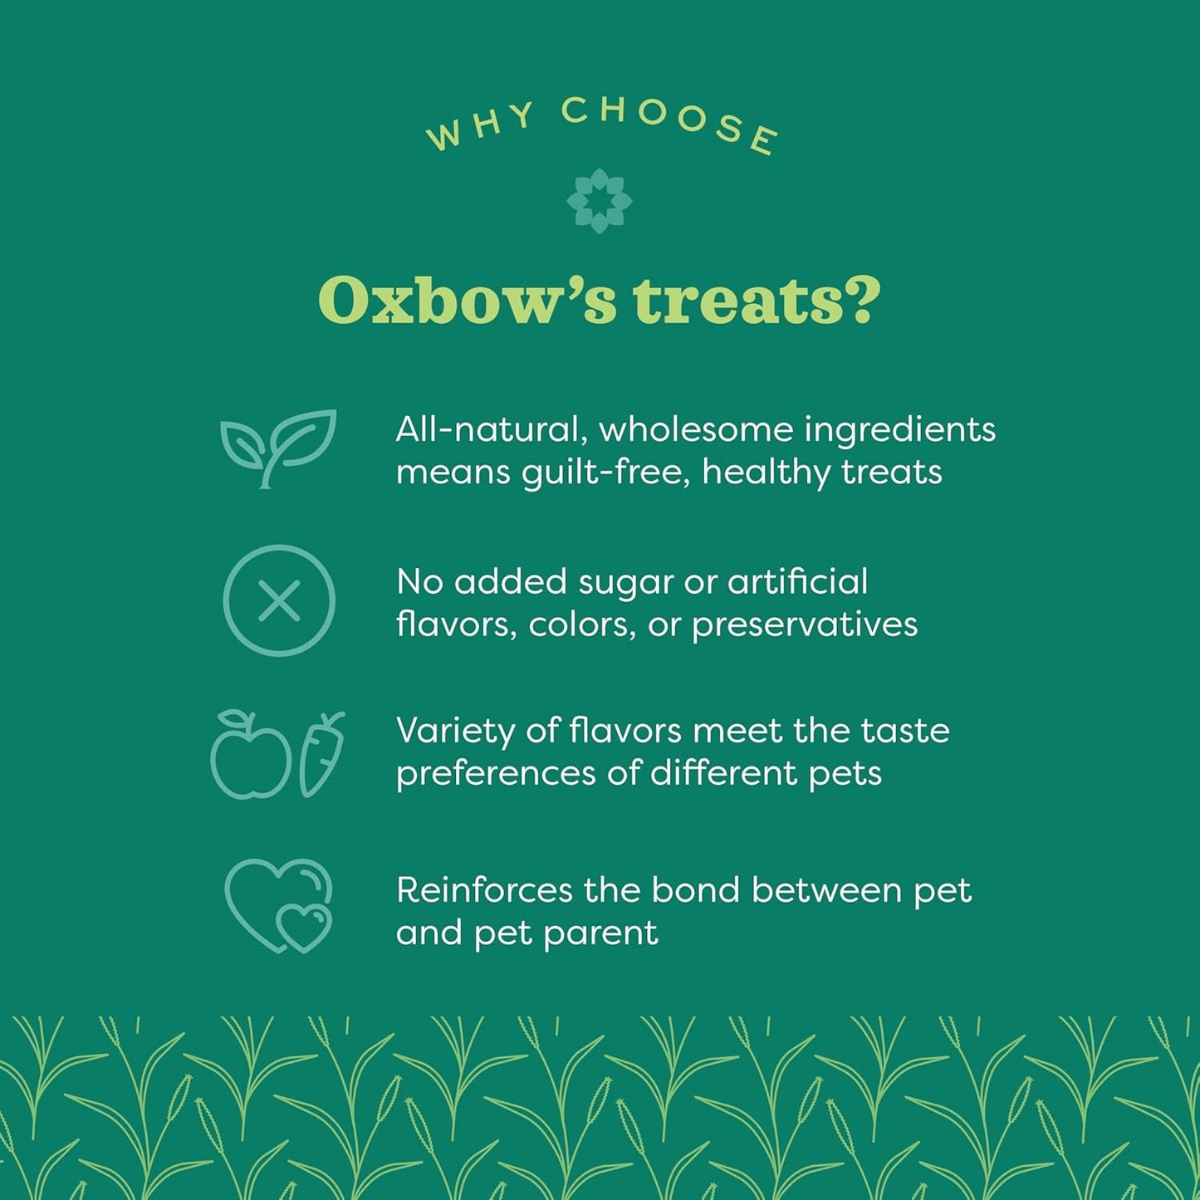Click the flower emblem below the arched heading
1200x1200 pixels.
(x=599, y=201)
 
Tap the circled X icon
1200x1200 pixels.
(x=279, y=600)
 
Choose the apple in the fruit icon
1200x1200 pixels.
(x=250, y=757)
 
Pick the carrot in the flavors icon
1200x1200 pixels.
(x=321, y=754)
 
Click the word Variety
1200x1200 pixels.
(x=455, y=732)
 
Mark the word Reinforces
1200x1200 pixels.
(x=484, y=890)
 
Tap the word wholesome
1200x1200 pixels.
(x=696, y=429)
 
